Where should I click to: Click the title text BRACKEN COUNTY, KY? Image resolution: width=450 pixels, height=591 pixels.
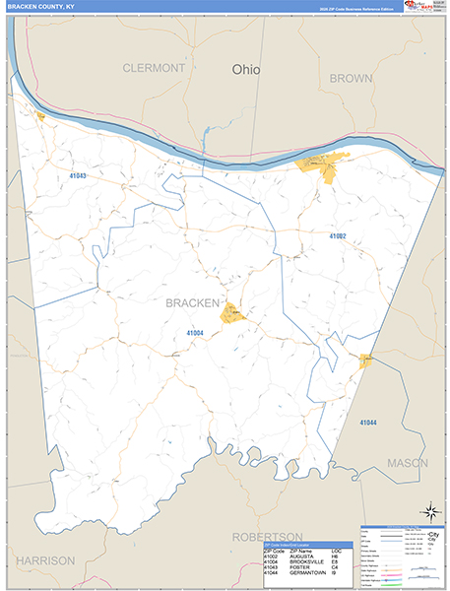coord(40,6)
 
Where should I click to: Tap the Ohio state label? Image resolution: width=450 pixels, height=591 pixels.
coord(247,70)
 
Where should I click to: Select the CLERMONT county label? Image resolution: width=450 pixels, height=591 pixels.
coord(153,68)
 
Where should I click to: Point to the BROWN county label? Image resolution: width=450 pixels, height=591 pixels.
coord(351,78)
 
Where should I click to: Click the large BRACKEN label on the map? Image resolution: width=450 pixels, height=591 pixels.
coord(191,302)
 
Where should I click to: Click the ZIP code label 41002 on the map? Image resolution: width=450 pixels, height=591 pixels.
coord(338,236)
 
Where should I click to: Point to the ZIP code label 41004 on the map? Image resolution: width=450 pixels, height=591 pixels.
coord(193,333)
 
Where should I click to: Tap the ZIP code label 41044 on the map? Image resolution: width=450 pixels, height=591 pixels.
coord(367,423)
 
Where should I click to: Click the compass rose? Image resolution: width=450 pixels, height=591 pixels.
coord(430,512)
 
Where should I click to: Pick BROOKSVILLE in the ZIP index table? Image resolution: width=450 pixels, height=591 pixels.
coord(307,564)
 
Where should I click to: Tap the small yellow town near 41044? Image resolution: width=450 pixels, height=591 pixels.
coord(365,361)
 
